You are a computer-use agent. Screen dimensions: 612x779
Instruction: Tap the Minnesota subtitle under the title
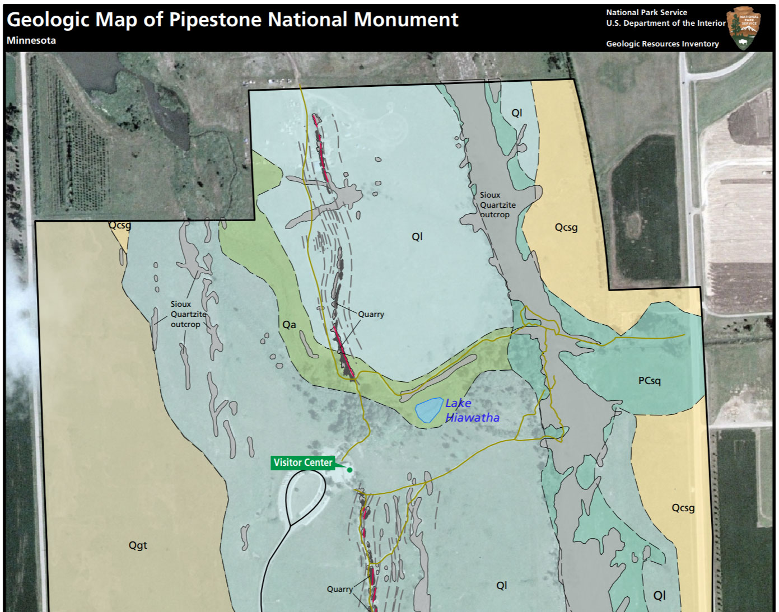31,40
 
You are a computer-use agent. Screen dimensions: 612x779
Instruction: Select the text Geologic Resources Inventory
662,44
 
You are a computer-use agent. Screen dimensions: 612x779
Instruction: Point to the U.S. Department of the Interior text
665,23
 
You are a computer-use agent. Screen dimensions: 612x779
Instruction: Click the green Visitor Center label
303,462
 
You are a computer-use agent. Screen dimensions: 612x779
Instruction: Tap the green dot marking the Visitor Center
349,470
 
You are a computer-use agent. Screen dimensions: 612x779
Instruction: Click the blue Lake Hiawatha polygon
428,410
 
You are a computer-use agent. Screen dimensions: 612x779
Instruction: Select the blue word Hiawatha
472,418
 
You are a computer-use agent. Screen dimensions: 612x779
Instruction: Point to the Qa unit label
289,325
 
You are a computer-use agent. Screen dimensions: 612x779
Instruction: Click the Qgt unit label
138,545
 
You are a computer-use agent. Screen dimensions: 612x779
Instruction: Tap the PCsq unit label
649,381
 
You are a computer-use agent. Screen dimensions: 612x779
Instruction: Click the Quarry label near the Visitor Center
340,589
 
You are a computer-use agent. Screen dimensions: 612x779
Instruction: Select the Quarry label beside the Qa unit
371,314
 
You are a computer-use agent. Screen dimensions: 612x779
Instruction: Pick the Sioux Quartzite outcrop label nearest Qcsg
497,205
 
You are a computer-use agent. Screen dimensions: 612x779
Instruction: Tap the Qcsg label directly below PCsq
683,508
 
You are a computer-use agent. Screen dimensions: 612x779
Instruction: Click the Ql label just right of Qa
417,237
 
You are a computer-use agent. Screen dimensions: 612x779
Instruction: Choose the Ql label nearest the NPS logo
516,113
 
